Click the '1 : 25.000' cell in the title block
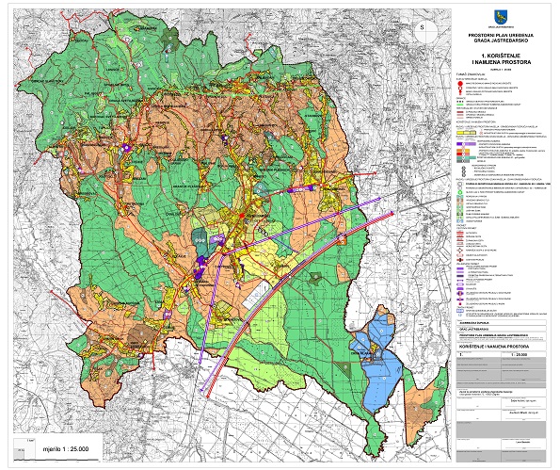click(519, 355)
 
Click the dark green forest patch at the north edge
click(169, 38)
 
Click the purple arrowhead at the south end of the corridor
click(200, 358)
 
